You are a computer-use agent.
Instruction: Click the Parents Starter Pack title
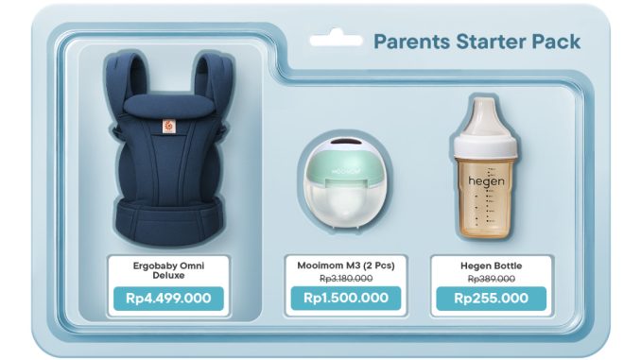coord(476,42)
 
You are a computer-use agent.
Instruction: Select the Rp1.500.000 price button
coord(345,299)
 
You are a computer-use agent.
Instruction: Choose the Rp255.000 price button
coord(491,299)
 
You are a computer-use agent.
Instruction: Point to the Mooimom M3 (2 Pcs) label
coord(344,266)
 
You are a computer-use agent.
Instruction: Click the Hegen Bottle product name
coord(491,266)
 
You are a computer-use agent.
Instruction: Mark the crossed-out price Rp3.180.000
coord(344,279)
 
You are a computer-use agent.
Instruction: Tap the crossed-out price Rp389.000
coord(491,279)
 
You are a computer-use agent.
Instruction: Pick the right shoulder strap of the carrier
coord(207,85)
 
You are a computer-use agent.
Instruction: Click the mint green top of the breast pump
coord(345,162)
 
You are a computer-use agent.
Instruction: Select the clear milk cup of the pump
coord(345,206)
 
